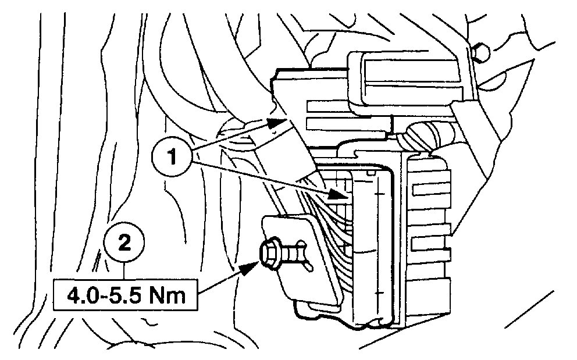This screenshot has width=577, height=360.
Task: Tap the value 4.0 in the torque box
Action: (x=83, y=296)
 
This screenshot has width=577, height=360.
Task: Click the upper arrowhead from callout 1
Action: (x=278, y=122)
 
